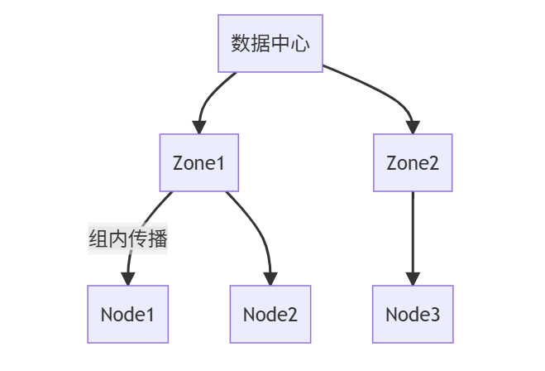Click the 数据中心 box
[270, 43]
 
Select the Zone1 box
[198, 162]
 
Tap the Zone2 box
[413, 162]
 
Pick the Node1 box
[128, 314]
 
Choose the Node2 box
[270, 314]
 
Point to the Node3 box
[413, 314]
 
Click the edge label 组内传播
[128, 239]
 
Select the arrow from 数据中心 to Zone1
[212, 93]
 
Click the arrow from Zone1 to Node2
[257, 228]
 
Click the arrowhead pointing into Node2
[270, 279]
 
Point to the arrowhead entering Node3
[413, 279]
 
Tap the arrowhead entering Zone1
[199, 128]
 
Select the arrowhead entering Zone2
[413, 128]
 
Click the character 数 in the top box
[240, 43]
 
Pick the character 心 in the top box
[300, 43]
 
